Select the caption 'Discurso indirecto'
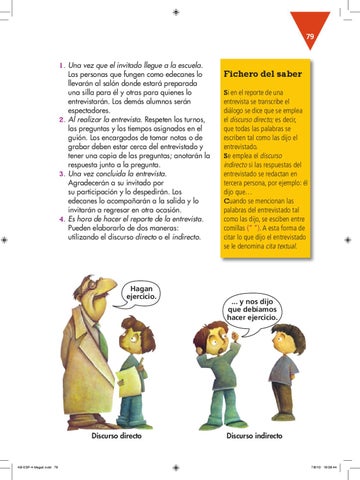[256, 436]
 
